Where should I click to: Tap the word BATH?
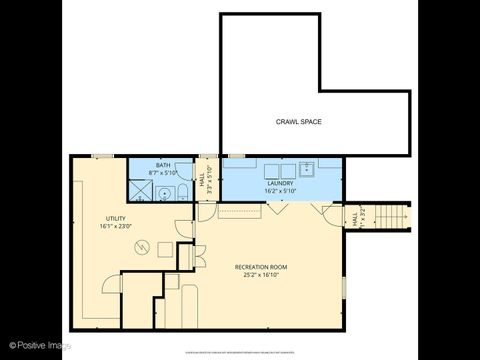click(163, 166)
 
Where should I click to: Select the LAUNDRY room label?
click(278, 183)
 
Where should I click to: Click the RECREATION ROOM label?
click(261, 267)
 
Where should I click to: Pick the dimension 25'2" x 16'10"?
click(261, 275)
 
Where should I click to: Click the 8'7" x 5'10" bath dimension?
click(163, 173)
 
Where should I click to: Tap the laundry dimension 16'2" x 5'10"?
click(278, 190)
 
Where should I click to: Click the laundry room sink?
click(308, 168)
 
